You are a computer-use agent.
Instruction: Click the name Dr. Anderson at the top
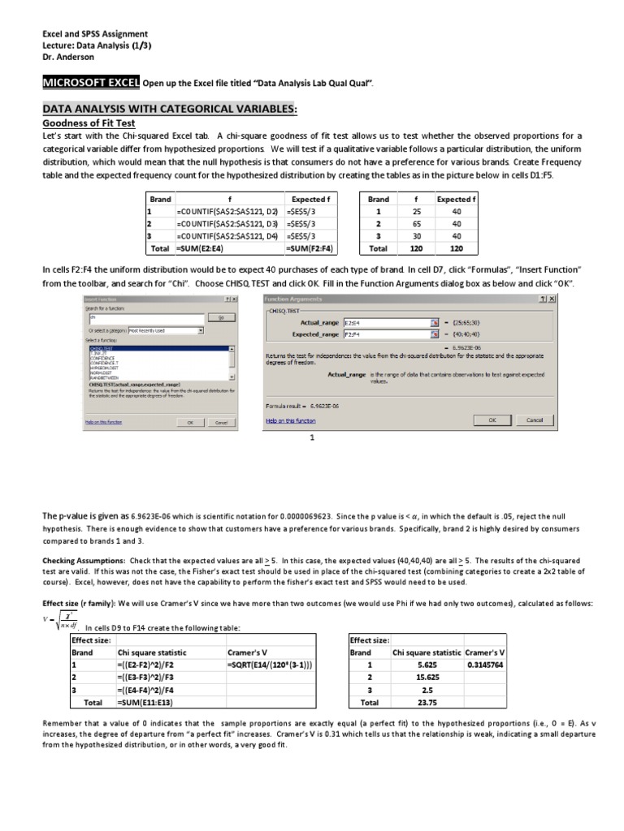[70, 58]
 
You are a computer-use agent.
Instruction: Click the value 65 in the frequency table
[415, 224]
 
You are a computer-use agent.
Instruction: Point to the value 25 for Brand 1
[415, 212]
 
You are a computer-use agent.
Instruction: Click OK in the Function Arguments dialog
[492, 420]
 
